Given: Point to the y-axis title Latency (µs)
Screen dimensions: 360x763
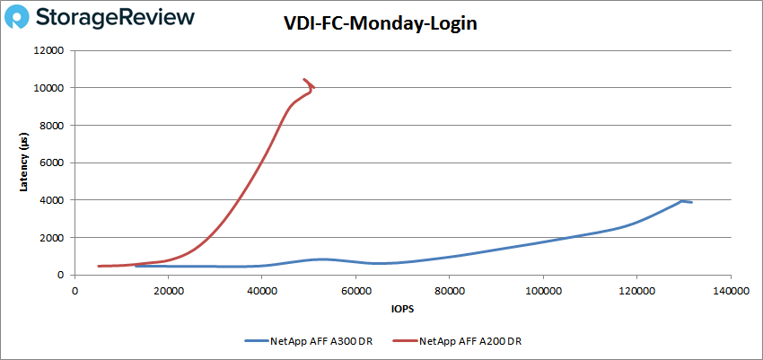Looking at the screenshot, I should [x=23, y=162].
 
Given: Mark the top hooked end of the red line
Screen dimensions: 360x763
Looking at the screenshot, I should [x=304, y=80].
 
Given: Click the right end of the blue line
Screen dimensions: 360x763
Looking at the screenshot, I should [x=691, y=203].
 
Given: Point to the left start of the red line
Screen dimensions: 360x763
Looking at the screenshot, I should [x=99, y=266].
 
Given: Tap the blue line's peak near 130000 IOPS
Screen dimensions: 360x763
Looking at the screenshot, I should [x=682, y=201].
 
